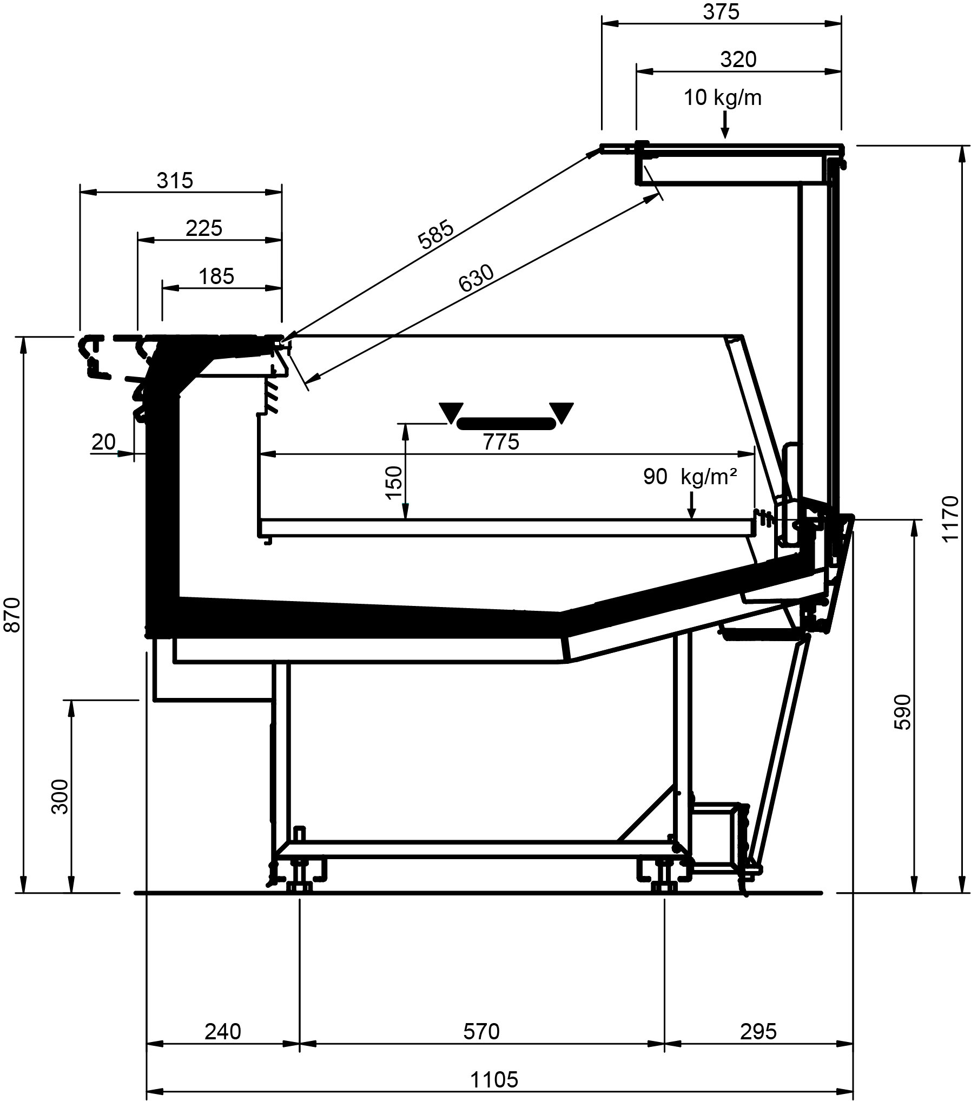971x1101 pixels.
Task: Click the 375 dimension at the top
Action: [721, 12]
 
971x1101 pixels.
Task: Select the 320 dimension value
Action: [738, 60]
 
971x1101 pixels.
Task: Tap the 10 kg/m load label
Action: [723, 98]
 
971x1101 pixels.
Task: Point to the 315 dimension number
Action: [175, 181]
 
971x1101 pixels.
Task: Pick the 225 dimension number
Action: [204, 228]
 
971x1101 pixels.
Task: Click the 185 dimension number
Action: [216, 276]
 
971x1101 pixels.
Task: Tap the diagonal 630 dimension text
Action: [476, 278]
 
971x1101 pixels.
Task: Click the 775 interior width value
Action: [501, 442]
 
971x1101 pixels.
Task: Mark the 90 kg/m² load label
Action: [690, 476]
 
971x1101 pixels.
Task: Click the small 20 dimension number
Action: [103, 442]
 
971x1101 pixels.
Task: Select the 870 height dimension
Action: [12, 615]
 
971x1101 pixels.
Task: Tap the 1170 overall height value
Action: [950, 518]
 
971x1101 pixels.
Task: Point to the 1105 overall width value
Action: [494, 1079]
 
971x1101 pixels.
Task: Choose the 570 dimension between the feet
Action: [481, 1032]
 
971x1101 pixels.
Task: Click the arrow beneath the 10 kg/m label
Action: [725, 126]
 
